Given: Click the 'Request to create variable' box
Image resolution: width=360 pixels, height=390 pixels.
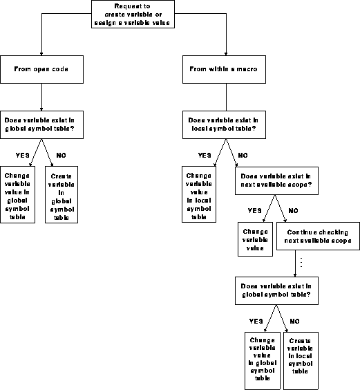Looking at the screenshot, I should (x=133, y=15).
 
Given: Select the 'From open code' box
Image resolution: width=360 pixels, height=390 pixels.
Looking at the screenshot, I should (x=43, y=68).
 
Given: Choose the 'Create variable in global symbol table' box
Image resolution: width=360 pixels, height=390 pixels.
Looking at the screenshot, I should (x=61, y=194).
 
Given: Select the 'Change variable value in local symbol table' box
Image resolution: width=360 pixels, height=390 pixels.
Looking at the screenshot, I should (x=198, y=194).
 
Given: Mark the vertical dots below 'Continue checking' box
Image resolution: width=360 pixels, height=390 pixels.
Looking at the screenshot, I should (x=301, y=263).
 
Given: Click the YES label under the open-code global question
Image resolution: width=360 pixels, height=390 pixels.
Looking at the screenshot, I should (x=21, y=154).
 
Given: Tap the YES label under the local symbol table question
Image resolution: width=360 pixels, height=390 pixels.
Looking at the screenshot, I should (x=205, y=155).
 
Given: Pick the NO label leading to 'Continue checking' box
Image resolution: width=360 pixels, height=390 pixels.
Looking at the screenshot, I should (x=292, y=211).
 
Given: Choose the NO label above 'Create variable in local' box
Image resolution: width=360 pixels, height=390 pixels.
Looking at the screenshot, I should (x=294, y=321).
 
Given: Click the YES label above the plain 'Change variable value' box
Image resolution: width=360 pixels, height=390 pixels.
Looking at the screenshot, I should (x=255, y=211).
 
